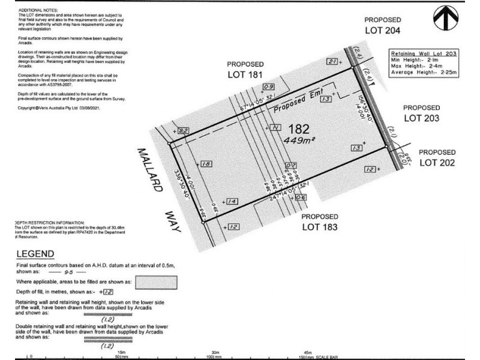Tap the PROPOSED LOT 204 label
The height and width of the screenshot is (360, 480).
[x=386, y=25]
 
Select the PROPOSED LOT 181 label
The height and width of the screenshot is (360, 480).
[x=245, y=69]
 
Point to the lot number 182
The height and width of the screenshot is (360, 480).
[x=298, y=128]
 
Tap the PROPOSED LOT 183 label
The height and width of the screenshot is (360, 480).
[x=320, y=221]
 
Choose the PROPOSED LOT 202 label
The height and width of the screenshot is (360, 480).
[x=437, y=157]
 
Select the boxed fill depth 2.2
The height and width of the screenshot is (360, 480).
[x=184, y=131]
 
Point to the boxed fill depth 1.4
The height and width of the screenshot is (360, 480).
[x=233, y=202]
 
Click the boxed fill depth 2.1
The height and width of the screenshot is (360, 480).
[x=333, y=61]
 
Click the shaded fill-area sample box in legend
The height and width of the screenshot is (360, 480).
[x=157, y=281]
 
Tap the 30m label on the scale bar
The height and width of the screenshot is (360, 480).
[x=214, y=352]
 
